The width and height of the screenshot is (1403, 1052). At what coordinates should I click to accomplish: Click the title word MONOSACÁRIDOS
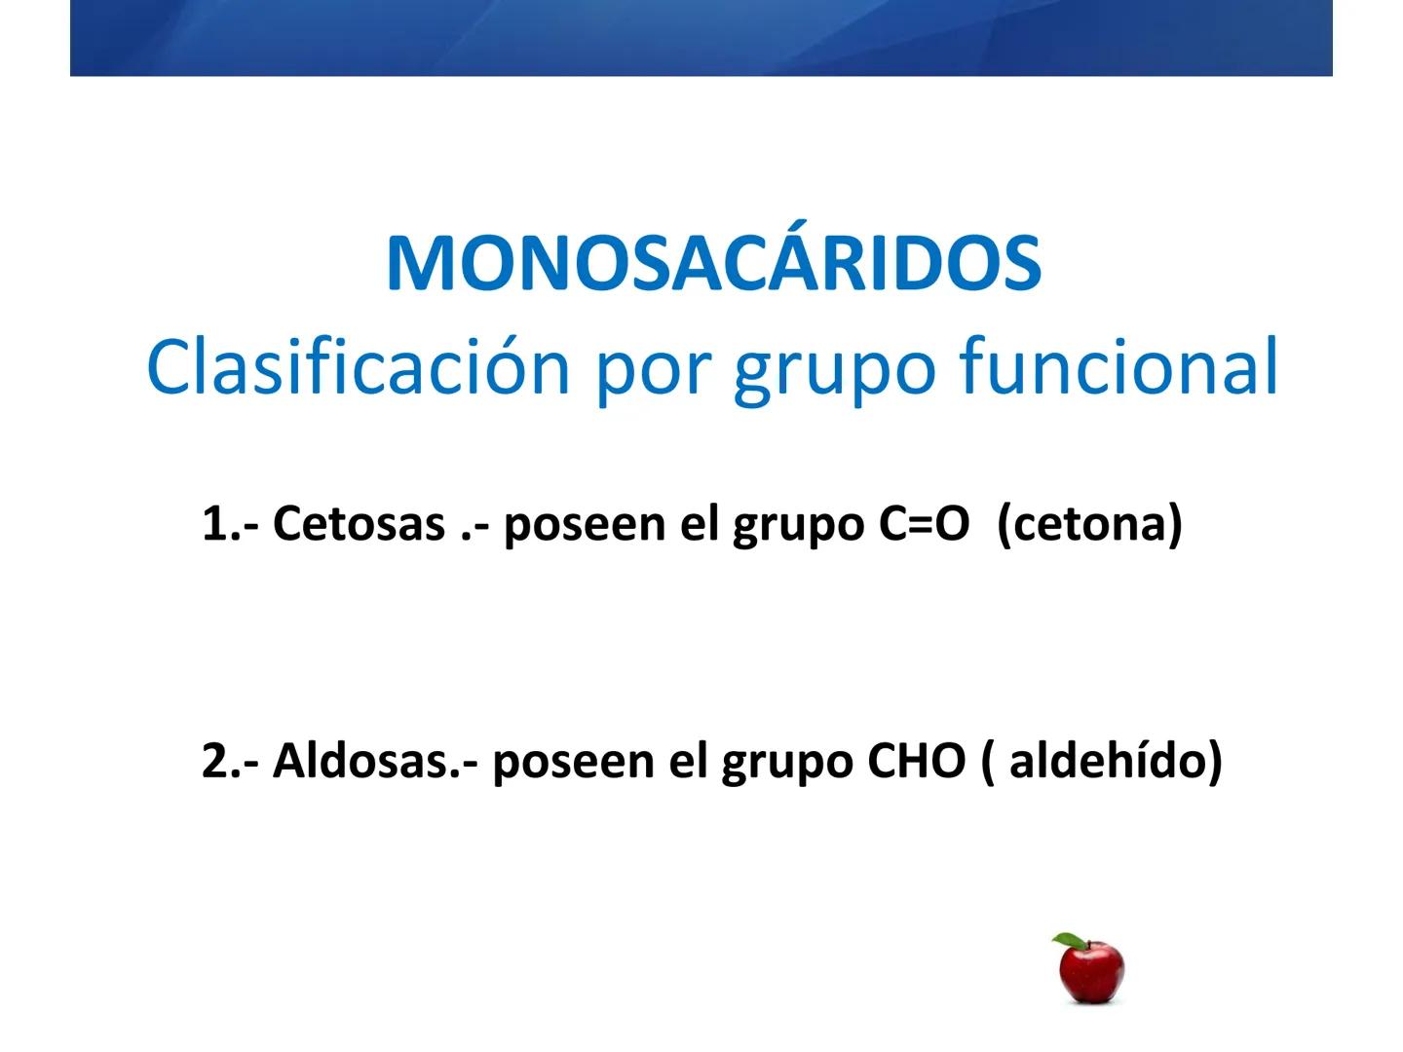click(x=713, y=263)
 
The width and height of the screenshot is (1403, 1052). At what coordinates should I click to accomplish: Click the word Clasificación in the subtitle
click(x=358, y=366)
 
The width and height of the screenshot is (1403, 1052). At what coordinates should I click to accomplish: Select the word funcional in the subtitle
click(x=1119, y=366)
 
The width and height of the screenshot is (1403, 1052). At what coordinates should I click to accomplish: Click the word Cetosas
click(x=358, y=524)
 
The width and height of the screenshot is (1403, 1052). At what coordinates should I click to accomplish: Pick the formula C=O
click(x=923, y=524)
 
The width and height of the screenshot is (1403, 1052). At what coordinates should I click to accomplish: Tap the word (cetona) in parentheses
click(x=1089, y=524)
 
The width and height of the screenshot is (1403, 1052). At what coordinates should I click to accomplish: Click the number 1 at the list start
click(x=213, y=524)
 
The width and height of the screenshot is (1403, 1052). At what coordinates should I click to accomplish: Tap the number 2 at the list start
click(x=213, y=761)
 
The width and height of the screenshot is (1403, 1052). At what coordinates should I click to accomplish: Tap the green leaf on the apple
click(x=1069, y=942)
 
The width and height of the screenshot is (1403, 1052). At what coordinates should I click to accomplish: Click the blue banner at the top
click(x=701, y=37)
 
